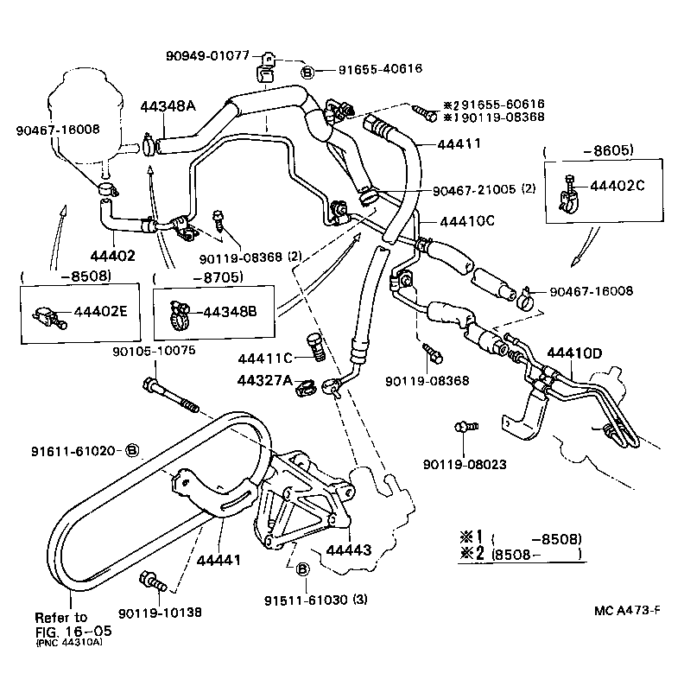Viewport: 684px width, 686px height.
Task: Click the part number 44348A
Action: tap(168, 106)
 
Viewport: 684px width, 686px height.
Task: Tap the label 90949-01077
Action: tap(208, 56)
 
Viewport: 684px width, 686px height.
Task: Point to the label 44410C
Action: tap(466, 220)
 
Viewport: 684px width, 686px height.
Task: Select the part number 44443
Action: tap(349, 550)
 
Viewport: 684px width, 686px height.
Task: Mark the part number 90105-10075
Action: tap(154, 351)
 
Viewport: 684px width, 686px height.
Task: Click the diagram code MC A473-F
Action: tap(627, 611)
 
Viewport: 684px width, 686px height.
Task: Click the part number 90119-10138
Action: tap(160, 612)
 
